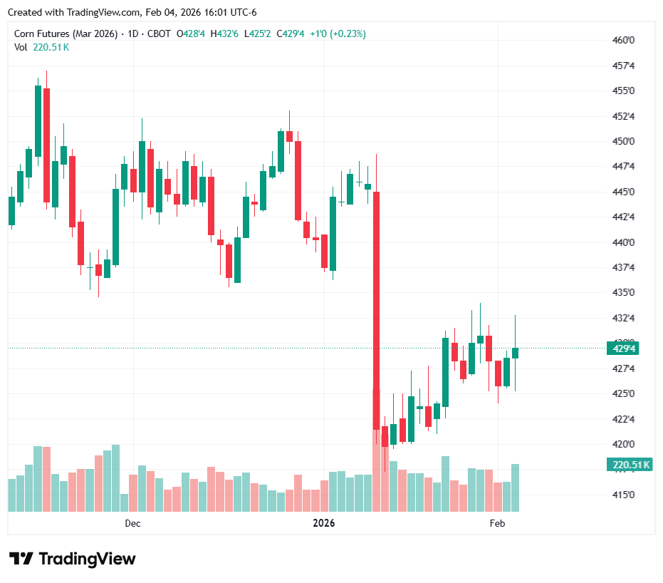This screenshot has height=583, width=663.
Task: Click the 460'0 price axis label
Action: tap(623, 40)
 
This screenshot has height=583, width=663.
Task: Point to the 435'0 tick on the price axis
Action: tap(623, 293)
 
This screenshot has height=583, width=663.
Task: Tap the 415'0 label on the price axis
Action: tap(623, 495)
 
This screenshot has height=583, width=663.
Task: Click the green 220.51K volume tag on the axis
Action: tap(630, 465)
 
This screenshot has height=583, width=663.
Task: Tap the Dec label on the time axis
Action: tap(132, 524)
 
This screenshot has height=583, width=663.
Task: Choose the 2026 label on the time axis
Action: tap(324, 524)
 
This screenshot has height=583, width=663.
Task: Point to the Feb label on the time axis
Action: tap(497, 524)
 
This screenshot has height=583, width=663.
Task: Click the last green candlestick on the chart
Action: tap(515, 353)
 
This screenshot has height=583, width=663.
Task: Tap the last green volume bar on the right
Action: tap(515, 487)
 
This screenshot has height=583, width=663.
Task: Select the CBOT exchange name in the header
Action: tap(159, 33)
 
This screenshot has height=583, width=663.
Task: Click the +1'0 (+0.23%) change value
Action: tap(338, 33)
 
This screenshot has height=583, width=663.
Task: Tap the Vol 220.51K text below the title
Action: tap(42, 47)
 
